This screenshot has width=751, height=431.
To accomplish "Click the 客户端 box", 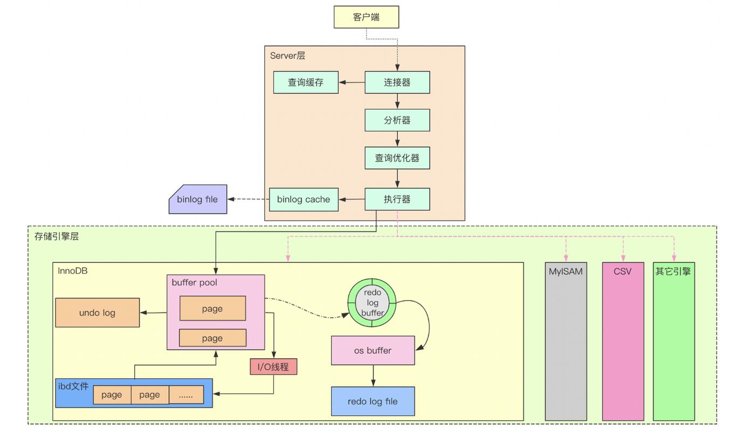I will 366,17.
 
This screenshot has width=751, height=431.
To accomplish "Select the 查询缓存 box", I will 306,82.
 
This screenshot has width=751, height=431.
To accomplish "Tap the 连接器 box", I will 397,82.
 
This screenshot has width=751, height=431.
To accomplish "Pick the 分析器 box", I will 397,120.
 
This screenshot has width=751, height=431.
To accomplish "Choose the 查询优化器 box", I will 397,158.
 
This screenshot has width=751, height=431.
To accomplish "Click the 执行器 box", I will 397,199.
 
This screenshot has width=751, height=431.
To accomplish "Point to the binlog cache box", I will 304,199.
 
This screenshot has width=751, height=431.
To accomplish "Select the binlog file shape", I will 198,199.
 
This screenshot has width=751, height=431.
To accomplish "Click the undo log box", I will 97,312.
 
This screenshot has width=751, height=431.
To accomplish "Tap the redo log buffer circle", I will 372,302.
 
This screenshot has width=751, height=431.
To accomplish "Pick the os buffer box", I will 373,350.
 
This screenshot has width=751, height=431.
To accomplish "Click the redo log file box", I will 373,401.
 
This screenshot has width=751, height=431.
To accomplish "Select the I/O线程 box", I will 273,367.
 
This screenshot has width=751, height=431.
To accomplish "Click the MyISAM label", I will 566,272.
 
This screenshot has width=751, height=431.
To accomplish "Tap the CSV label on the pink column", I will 622,272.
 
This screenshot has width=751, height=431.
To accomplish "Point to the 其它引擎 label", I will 673,272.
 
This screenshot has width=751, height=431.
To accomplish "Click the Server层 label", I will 288,55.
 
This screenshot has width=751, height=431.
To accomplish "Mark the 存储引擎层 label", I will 57,236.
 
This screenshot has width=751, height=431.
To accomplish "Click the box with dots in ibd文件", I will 186,395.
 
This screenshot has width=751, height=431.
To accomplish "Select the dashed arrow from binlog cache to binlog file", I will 248,199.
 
